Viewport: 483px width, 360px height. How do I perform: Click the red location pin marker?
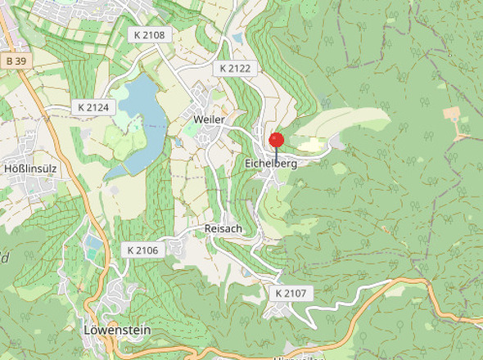(276, 140)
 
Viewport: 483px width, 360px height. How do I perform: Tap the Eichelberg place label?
(270, 164)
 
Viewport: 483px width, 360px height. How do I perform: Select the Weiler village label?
(209, 119)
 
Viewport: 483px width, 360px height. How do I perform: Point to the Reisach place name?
(223, 228)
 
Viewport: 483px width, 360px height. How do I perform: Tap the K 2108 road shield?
(149, 35)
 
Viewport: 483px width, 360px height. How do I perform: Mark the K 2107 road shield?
(290, 292)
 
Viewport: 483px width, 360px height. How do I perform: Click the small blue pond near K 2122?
(237, 38)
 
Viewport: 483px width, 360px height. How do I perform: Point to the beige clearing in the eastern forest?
(453, 114)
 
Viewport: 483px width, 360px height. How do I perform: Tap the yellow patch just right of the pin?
(309, 145)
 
